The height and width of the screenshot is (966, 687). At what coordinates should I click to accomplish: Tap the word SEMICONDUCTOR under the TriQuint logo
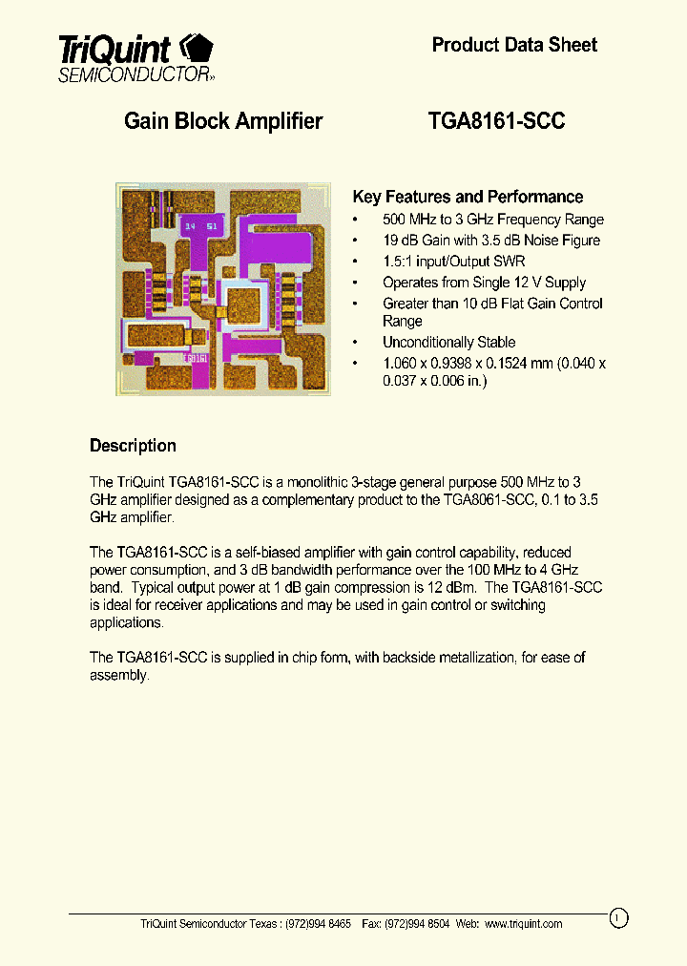pos(133,74)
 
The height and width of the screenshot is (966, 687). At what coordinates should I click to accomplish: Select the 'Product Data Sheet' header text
pos(514,45)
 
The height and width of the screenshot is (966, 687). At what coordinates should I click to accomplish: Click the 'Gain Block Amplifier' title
pos(223,121)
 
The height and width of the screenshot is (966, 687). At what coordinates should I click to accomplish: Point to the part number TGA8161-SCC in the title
pos(497,121)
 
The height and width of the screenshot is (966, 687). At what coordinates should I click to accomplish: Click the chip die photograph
pos(223,288)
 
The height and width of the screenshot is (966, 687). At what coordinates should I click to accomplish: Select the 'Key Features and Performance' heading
pos(468,198)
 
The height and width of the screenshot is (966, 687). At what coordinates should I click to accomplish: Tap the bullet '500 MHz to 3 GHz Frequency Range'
pos(492,220)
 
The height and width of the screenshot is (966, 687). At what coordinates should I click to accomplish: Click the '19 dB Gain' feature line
pos(490,241)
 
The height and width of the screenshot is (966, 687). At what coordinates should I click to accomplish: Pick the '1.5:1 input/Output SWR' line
pos(453,262)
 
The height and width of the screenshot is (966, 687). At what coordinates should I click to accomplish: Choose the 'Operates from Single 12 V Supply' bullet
pos(484,283)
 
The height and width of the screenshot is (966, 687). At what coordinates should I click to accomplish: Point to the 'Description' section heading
pos(133,446)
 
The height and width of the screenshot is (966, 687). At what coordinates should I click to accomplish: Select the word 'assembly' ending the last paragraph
pos(118,675)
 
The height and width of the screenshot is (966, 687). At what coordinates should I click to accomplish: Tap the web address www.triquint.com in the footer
pos(523,924)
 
